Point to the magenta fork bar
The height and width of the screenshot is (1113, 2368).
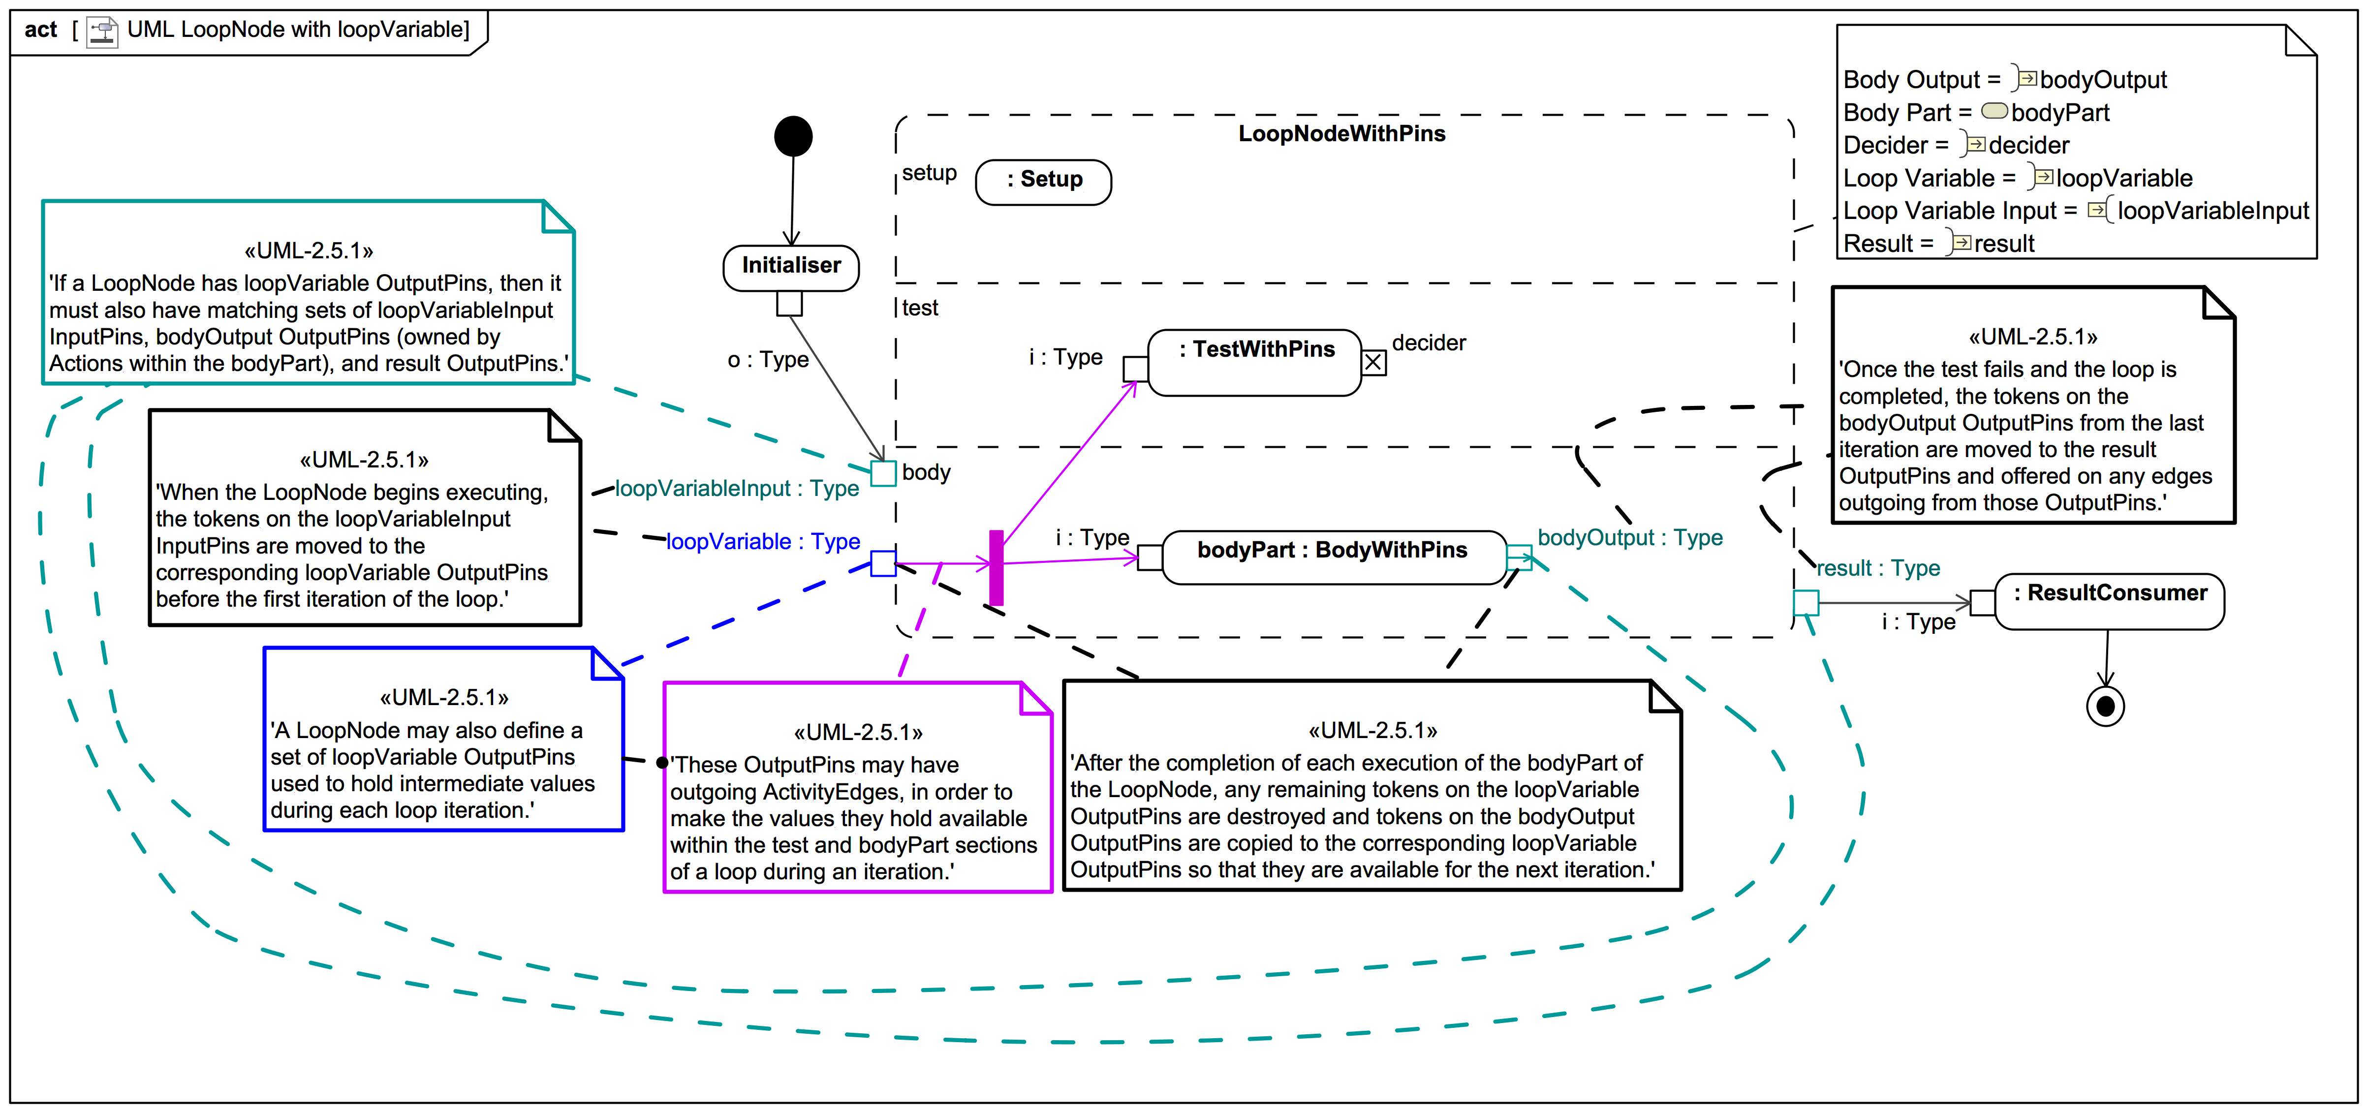tap(996, 567)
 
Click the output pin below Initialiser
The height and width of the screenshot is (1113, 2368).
tap(789, 303)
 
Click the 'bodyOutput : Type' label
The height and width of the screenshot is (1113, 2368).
tap(1629, 538)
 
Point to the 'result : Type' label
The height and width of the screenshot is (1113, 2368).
tap(1877, 568)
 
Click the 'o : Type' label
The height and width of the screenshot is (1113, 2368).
tap(768, 359)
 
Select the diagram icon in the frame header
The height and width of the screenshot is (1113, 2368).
tap(102, 31)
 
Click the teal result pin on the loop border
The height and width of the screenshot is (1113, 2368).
tap(1806, 603)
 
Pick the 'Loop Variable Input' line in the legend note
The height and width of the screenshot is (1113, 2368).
tap(2075, 211)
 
